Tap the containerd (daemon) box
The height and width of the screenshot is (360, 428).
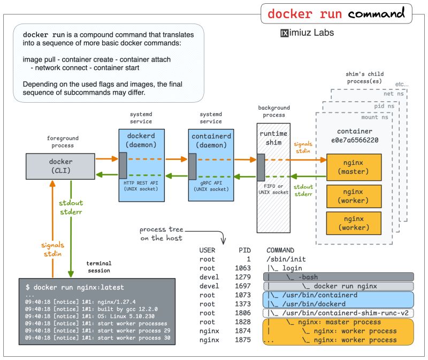pyautogui.click(x=211, y=141)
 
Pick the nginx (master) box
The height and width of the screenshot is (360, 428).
pyautogui.click(x=354, y=167)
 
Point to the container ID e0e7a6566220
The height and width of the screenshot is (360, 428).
pyautogui.click(x=354, y=141)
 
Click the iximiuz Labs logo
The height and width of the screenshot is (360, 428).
pyautogui.click(x=307, y=33)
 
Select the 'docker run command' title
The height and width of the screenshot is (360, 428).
pyautogui.click(x=335, y=13)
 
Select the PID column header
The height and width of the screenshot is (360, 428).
pyautogui.click(x=244, y=250)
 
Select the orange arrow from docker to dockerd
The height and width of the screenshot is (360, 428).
pyautogui.click(x=106, y=159)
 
